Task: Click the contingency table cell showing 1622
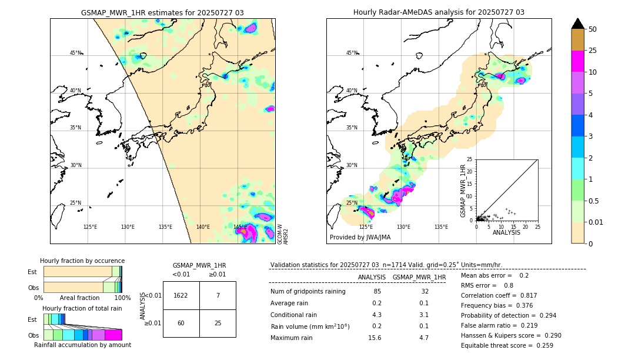181,296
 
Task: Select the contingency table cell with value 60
181,323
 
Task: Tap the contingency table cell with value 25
218,323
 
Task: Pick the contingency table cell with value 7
218,296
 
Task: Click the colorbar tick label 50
593,29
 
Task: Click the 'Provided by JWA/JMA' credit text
360,238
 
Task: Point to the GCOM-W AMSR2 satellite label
282,234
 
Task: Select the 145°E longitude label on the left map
240,227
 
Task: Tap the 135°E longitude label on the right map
441,227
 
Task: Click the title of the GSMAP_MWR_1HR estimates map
162,12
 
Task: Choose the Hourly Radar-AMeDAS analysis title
439,12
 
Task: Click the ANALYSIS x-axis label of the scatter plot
507,232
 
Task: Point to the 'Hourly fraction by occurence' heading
82,261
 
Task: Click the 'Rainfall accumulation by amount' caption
82,345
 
